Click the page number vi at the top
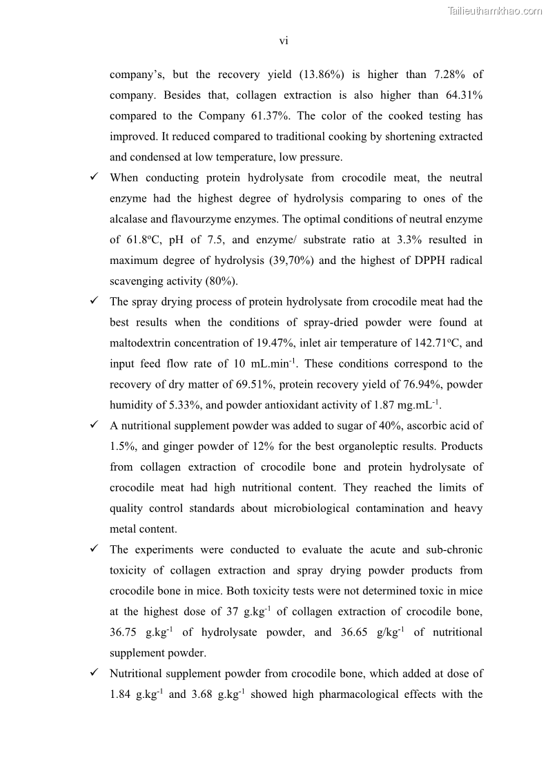click(x=284, y=41)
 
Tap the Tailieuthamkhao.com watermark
click(x=495, y=10)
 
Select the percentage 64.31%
click(x=460, y=95)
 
